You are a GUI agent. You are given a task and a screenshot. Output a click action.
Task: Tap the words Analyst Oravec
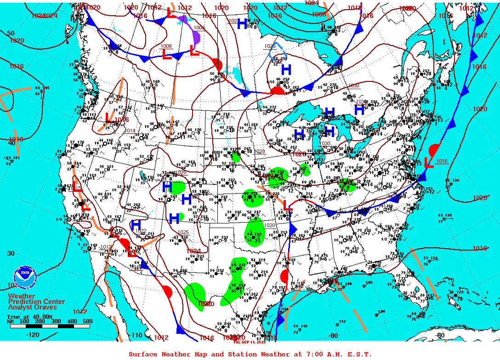(x=33, y=307)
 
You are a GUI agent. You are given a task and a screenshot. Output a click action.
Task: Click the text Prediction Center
(x=36, y=302)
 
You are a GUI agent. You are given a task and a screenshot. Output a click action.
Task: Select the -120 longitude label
(x=33, y=335)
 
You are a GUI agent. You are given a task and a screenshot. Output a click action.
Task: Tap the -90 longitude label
(x=333, y=336)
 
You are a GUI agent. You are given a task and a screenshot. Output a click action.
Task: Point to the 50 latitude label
(x=11, y=33)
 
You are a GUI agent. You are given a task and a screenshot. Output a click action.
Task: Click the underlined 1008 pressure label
(x=166, y=46)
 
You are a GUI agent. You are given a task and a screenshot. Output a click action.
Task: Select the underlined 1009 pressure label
(x=199, y=28)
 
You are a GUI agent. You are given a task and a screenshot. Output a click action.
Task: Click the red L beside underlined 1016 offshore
(x=428, y=161)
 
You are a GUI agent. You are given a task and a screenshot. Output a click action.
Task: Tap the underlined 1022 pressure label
(x=141, y=231)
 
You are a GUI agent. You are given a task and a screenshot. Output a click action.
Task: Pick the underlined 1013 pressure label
(x=105, y=247)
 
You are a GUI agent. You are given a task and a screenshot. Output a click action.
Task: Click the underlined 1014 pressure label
(x=130, y=131)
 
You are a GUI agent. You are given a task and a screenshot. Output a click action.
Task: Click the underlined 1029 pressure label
(x=260, y=151)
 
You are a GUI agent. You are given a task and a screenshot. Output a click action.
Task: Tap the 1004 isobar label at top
(x=312, y=3)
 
